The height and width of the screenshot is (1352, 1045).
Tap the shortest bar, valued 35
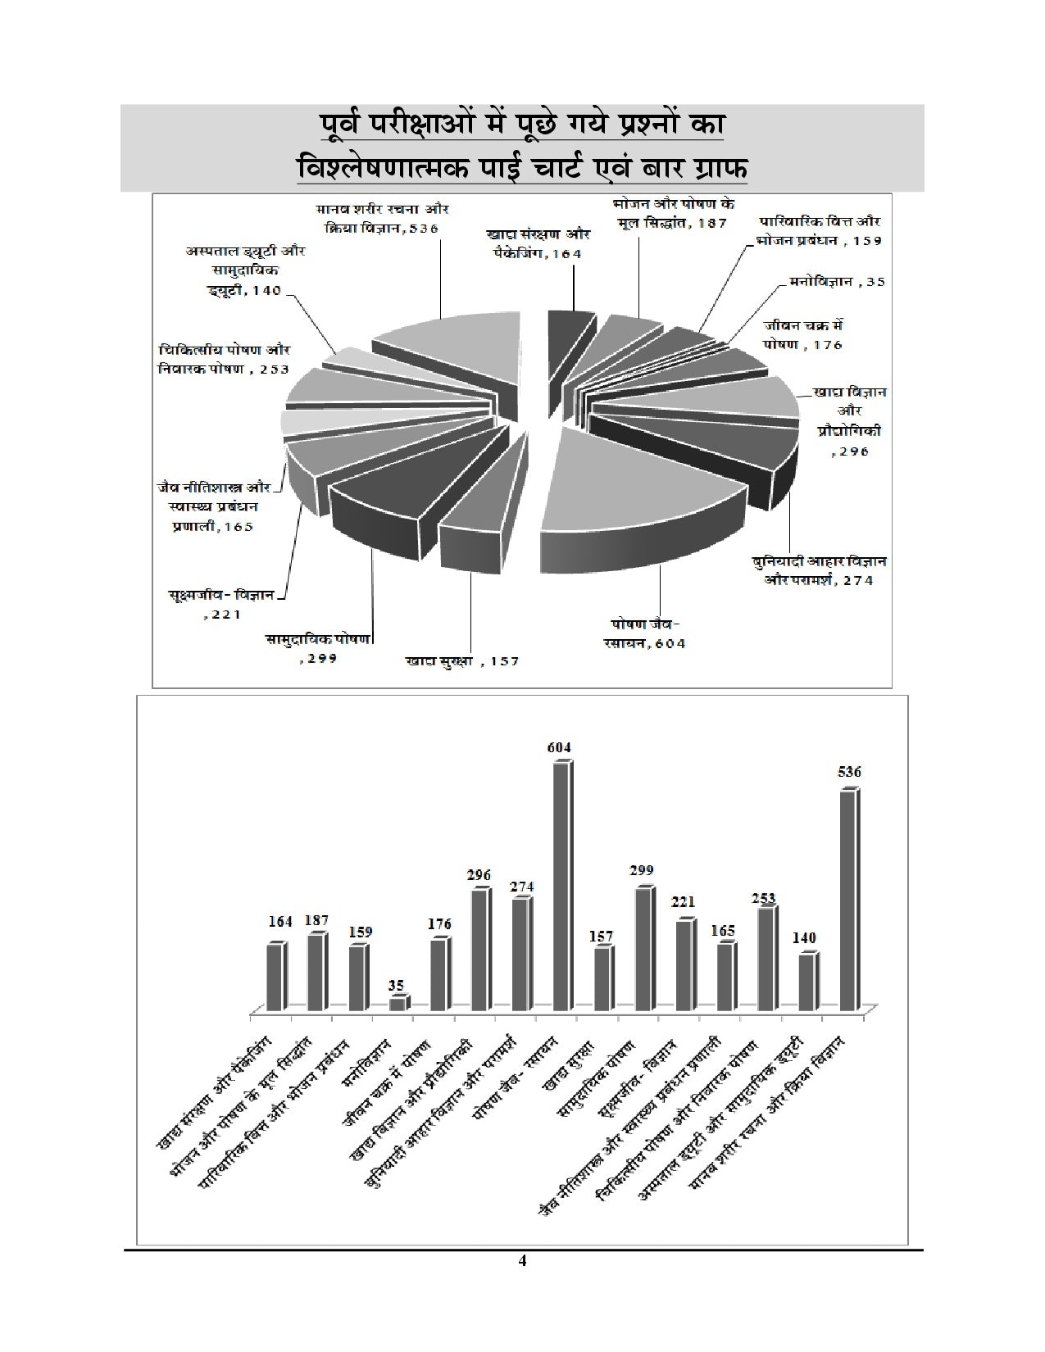point(398,1003)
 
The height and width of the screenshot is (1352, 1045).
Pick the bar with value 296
point(479,950)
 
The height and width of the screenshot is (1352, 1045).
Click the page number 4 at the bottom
point(522,1284)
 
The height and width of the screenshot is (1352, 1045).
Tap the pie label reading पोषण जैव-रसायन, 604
point(647,633)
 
